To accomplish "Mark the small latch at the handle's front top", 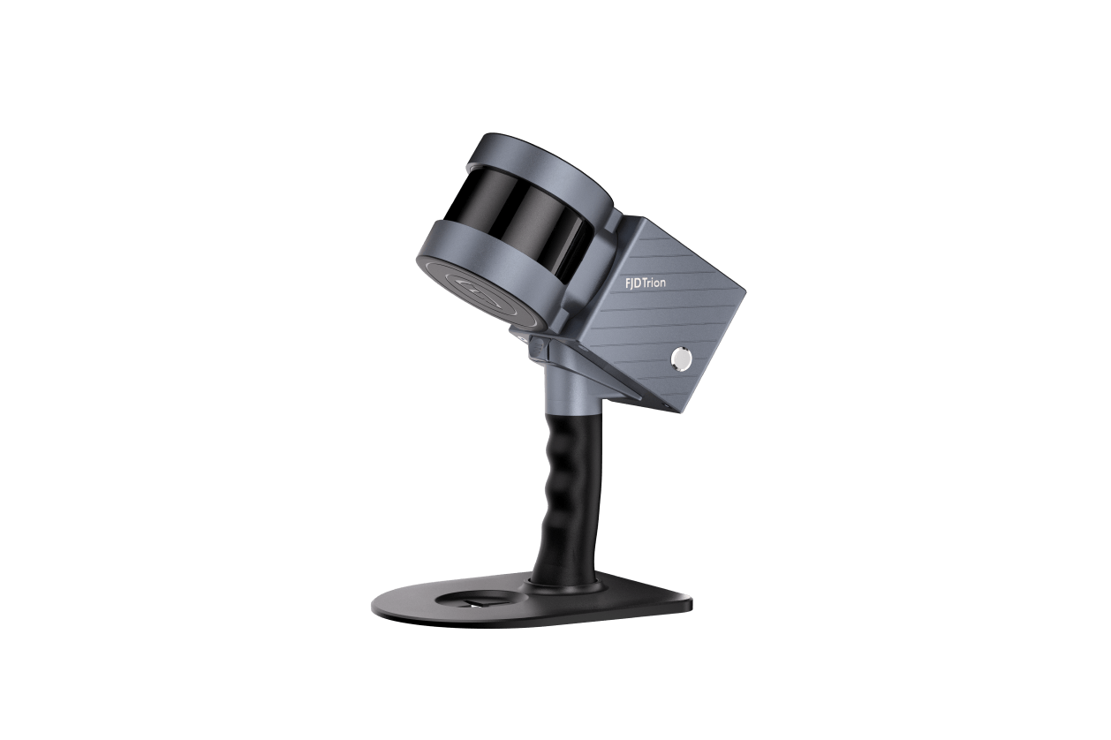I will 538,349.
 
